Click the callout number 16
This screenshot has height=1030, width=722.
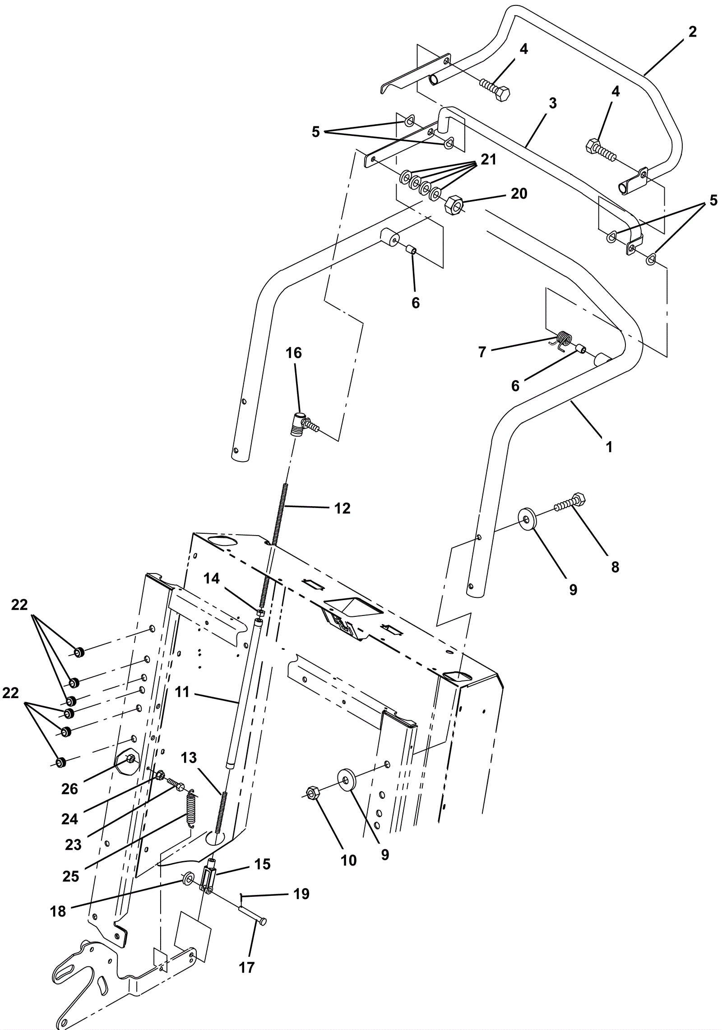click(x=294, y=353)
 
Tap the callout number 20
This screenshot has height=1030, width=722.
click(x=519, y=194)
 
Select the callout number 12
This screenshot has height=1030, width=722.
click(x=342, y=508)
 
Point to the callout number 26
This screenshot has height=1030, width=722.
click(x=70, y=789)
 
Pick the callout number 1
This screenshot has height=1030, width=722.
click(x=609, y=447)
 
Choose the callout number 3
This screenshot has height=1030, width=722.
click(x=553, y=103)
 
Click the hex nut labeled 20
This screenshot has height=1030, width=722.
click(x=455, y=206)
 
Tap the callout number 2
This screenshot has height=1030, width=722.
click(x=693, y=32)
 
